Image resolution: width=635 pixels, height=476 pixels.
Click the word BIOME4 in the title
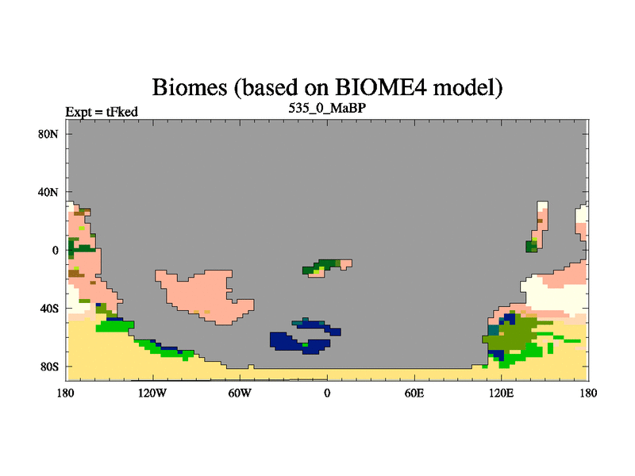(381, 86)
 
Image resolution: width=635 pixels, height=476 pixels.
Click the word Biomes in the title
(190, 86)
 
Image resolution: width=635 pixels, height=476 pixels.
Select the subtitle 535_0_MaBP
(327, 108)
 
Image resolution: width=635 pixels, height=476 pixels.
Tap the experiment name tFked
(122, 112)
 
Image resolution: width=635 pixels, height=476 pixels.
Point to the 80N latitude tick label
(48, 134)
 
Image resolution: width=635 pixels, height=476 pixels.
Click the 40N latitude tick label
(48, 192)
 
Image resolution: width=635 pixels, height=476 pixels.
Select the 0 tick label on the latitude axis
(55, 251)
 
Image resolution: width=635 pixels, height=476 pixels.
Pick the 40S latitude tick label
(49, 309)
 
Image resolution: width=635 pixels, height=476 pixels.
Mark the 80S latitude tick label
(49, 367)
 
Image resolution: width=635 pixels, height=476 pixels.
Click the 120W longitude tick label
(152, 393)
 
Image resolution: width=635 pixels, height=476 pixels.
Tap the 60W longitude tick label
(240, 393)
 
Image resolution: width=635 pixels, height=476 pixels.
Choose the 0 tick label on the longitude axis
(327, 393)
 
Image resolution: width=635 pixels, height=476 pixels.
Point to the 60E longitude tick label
(414, 393)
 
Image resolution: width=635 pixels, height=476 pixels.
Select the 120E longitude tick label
(502, 393)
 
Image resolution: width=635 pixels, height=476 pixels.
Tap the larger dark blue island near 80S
(300, 343)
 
